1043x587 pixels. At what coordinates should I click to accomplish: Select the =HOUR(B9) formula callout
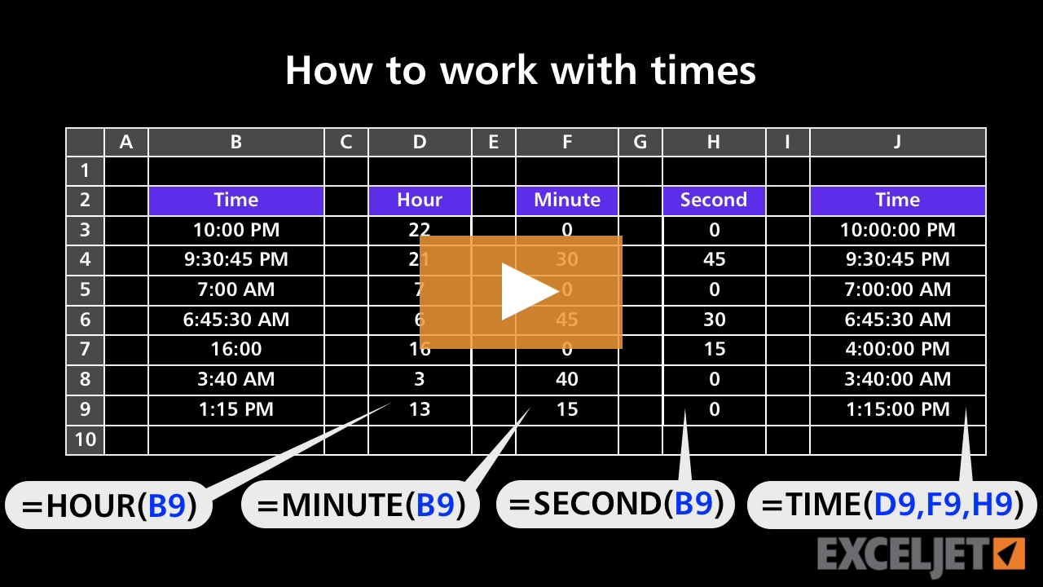point(109,505)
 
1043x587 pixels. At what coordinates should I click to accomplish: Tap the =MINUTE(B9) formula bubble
point(361,505)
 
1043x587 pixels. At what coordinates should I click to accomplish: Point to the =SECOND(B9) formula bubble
point(615,504)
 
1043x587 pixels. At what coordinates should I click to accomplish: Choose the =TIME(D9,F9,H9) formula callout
point(891,505)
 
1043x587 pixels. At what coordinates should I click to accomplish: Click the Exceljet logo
point(921,555)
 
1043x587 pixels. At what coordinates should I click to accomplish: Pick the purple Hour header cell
point(420,201)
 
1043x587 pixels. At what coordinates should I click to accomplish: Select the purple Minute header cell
point(567,201)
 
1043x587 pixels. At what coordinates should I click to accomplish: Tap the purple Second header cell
point(714,201)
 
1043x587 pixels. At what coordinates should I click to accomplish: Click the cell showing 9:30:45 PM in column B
point(236,260)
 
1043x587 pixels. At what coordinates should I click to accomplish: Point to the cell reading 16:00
point(236,350)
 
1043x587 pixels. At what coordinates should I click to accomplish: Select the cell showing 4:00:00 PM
point(898,350)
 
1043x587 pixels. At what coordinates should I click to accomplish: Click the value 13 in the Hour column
point(420,409)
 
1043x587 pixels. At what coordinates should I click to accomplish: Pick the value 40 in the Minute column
point(567,379)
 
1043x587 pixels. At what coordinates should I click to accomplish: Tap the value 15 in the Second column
point(714,350)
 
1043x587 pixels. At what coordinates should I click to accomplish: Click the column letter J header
point(898,142)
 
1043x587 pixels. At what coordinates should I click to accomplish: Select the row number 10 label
point(86,440)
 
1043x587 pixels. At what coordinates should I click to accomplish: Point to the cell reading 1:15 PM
point(236,409)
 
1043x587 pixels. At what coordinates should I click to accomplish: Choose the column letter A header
point(126,142)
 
